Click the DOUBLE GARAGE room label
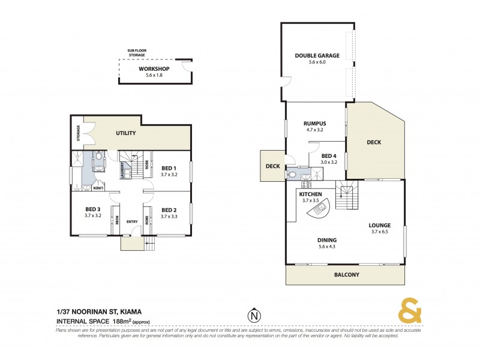click(x=317, y=56)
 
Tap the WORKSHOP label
click(x=154, y=69)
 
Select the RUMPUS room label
click(x=314, y=124)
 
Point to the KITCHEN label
click(x=311, y=195)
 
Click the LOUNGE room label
click(x=380, y=226)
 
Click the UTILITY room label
click(x=126, y=133)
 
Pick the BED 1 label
click(x=169, y=168)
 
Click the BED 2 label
click(x=169, y=210)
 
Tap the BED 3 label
click(x=94, y=209)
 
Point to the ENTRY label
click(x=132, y=221)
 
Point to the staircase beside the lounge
click(x=347, y=196)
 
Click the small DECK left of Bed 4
click(x=273, y=166)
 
